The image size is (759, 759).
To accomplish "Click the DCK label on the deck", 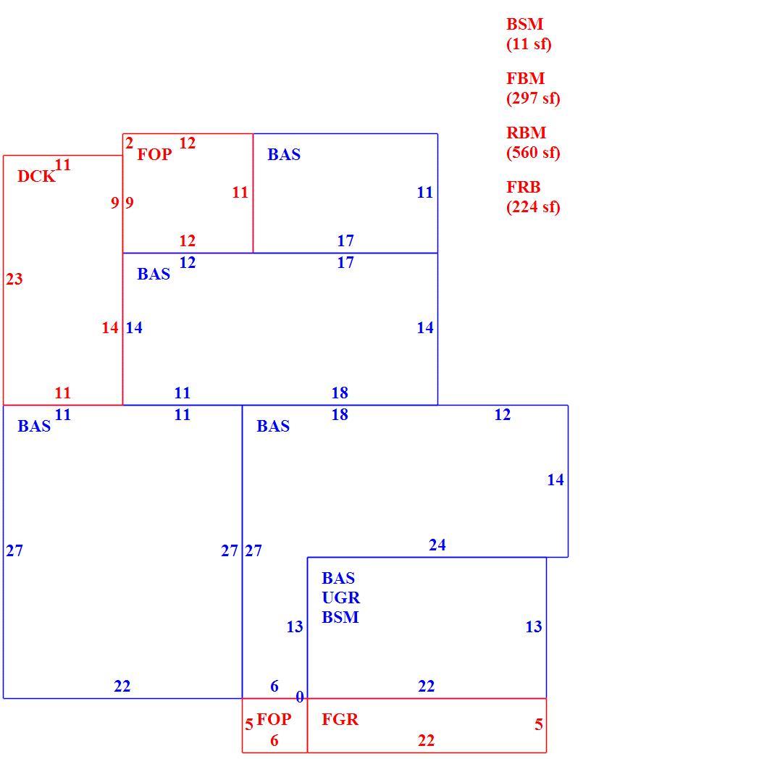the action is point(36,176).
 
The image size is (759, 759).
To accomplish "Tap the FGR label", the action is point(340,719).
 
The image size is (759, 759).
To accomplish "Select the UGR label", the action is point(341,597).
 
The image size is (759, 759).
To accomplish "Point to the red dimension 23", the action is point(14,280).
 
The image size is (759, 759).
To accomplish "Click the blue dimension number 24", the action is point(437,545).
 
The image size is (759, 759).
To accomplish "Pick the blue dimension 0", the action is point(300,697).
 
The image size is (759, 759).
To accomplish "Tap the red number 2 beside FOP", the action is point(129,143).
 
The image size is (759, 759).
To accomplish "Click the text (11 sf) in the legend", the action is point(529,44).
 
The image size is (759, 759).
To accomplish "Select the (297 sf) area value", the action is point(534,98).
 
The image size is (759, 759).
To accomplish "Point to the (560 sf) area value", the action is point(534,153).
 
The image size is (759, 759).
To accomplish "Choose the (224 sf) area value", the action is point(534,206).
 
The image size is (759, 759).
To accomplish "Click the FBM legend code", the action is point(526,78).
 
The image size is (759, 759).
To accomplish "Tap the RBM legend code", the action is point(527,133).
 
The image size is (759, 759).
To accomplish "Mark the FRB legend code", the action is point(524,187).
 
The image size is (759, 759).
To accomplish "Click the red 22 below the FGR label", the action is point(426,741).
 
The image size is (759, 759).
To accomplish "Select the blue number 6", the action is point(274,686).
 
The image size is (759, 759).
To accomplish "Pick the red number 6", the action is point(274,741).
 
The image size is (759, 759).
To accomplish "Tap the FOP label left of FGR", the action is point(274,719).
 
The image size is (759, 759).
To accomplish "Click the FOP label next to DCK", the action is point(154,154).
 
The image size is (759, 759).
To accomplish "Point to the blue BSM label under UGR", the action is point(340,617).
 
